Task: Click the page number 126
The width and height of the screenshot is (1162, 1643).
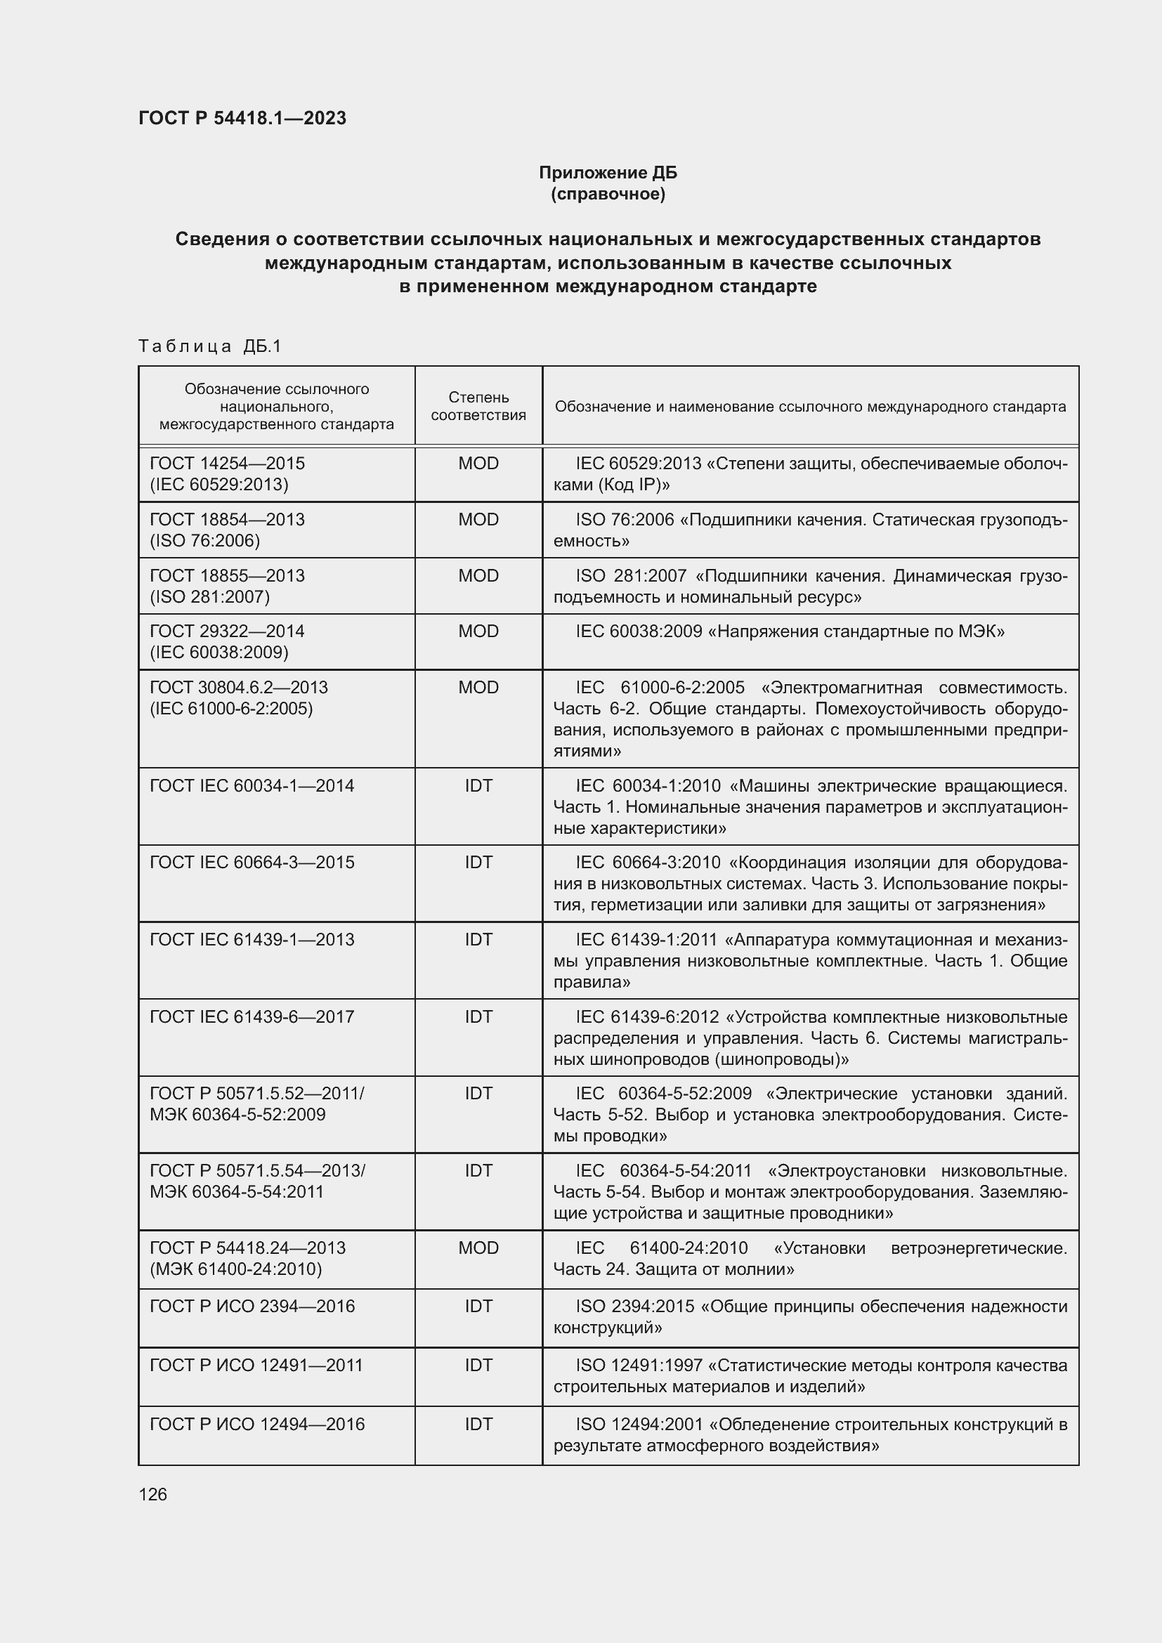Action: pos(152,1494)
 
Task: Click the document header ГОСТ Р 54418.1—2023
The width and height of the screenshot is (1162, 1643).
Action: pos(242,118)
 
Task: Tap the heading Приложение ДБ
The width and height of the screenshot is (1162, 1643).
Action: pos(608,173)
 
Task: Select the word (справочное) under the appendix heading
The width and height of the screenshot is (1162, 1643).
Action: pos(608,194)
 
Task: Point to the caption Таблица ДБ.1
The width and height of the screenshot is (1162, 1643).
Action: pos(209,346)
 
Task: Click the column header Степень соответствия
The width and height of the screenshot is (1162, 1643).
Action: pos(478,406)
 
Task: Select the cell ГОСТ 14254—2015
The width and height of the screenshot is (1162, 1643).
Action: pos(227,463)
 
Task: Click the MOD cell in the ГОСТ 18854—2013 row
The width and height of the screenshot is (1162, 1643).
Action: pos(478,520)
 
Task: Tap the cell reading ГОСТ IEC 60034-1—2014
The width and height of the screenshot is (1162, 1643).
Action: pos(252,786)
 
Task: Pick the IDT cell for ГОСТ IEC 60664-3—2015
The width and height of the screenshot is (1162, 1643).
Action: pos(478,863)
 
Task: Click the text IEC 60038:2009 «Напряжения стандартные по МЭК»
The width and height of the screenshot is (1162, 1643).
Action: pos(790,631)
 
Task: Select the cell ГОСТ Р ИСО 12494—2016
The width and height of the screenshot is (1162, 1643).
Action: pos(257,1424)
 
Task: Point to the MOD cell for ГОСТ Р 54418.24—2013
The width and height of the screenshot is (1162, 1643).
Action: pos(478,1248)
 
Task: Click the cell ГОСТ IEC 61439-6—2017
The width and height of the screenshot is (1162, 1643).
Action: pos(252,1017)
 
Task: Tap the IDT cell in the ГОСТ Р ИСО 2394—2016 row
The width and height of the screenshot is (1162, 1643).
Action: pos(478,1306)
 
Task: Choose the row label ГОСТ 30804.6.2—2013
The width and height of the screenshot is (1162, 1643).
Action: pos(238,688)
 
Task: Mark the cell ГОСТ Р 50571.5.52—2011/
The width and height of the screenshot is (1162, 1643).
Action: pos(257,1094)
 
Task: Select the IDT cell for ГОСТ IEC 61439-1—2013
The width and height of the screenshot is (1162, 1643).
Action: pos(478,940)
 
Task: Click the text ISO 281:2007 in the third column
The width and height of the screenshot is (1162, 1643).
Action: pos(630,576)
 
